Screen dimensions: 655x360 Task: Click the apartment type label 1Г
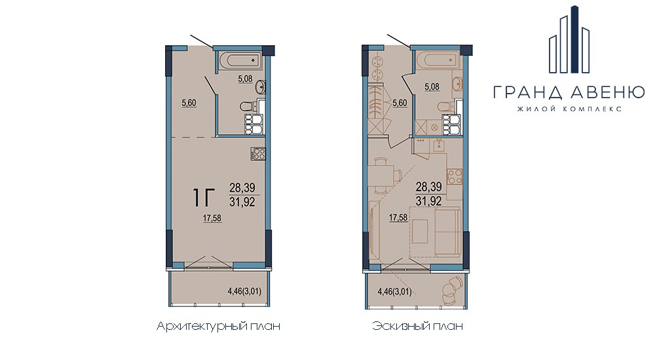(204, 198)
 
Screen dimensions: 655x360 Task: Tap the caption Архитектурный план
(218, 326)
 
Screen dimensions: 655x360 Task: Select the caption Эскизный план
(417, 326)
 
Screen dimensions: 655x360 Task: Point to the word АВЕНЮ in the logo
(608, 92)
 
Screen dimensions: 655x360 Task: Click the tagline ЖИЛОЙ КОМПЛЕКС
(569, 109)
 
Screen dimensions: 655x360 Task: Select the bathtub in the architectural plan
(239, 60)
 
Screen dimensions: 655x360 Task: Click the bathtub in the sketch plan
(436, 60)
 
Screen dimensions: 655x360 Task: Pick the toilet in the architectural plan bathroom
(248, 107)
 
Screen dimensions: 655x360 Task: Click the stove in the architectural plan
(257, 153)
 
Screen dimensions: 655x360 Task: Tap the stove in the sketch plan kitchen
(455, 176)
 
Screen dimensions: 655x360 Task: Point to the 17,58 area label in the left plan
(212, 217)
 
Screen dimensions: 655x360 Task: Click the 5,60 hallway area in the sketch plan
(400, 103)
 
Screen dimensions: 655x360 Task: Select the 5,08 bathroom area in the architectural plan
(245, 78)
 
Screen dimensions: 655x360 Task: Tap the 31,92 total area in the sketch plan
(428, 201)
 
